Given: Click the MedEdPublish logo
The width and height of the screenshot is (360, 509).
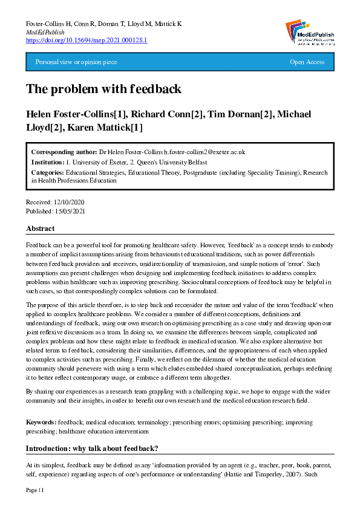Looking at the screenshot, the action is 308,31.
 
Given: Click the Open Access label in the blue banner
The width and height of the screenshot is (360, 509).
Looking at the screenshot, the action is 307,62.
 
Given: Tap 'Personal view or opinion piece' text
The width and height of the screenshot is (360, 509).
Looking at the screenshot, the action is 76,62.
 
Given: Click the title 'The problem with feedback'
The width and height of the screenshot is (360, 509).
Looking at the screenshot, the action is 103,89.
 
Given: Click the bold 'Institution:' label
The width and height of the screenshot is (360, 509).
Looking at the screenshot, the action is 48,162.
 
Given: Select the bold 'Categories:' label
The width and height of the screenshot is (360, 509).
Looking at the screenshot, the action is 48,173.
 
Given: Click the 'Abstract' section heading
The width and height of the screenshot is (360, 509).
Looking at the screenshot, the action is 40,229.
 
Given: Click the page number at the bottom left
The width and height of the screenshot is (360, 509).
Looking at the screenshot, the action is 35,490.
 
